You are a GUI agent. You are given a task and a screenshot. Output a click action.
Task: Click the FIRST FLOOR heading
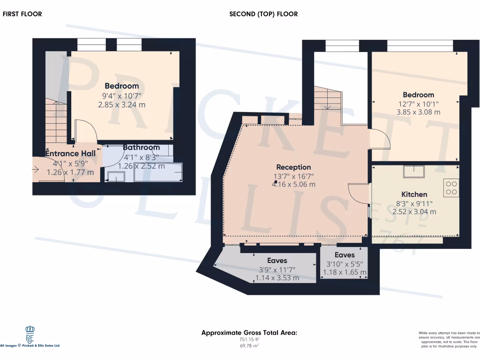coord(22,14)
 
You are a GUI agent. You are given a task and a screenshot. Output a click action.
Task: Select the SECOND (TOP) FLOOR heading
coord(263,14)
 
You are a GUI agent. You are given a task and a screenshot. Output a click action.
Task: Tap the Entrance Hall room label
coord(70,154)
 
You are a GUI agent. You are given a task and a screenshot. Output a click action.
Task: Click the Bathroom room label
coord(142,148)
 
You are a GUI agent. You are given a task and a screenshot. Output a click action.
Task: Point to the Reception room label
coord(293,167)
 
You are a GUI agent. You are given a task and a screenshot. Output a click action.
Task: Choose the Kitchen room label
coord(414,195)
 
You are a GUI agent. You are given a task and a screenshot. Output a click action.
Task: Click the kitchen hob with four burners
coord(452,188)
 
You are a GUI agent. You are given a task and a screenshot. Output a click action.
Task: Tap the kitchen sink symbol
coord(414,172)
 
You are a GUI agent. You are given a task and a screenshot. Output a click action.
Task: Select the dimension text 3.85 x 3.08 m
coord(419,112)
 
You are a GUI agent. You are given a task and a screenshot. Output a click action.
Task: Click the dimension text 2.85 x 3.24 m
coord(122,105)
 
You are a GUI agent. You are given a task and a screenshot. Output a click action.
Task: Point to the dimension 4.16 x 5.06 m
coord(293,185)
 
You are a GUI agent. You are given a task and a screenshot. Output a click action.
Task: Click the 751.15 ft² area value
coord(249,340)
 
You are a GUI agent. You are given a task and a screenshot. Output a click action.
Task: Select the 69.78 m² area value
coord(249,346)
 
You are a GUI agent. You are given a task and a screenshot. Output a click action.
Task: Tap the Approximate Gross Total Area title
coord(249,333)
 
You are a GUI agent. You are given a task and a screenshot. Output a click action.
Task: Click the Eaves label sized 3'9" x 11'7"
coord(277,261)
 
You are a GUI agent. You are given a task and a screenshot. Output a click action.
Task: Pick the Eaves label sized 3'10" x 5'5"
coord(345,255)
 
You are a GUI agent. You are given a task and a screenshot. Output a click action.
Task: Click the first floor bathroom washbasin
coord(116,177)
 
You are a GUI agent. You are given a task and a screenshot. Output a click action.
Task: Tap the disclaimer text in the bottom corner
coord(449,340)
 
